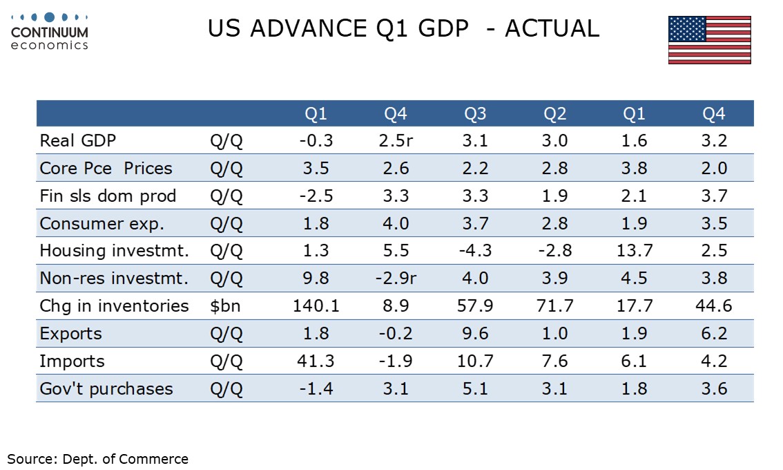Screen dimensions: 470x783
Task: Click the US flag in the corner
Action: coord(709,40)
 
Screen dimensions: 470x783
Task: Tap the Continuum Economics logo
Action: coord(50,31)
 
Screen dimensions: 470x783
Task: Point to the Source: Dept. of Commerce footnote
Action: coord(97,458)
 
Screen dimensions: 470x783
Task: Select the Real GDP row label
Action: coord(78,140)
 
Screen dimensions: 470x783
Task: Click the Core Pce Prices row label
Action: coord(106,168)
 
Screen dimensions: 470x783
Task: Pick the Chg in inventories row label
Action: coord(114,305)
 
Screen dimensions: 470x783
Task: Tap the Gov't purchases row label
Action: coord(106,388)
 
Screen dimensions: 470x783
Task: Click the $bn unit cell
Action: coord(225,305)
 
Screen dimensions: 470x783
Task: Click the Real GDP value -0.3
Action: coord(316,140)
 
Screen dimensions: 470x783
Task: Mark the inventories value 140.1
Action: coord(316,305)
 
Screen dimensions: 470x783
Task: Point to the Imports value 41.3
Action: coord(316,361)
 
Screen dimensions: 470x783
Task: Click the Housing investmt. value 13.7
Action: coord(633,250)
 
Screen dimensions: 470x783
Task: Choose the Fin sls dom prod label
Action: coord(108,196)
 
